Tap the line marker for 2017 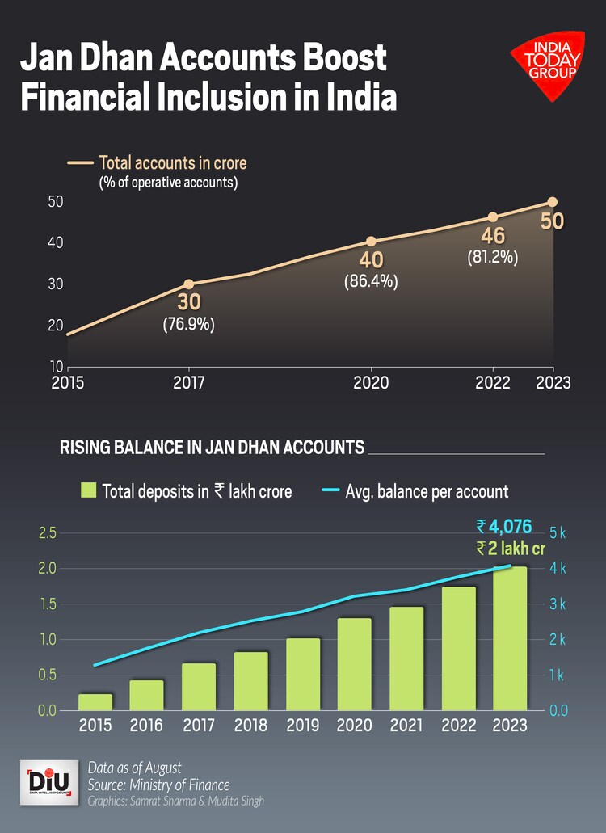coord(188,284)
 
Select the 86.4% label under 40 coord(371,282)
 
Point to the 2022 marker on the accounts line coord(492,217)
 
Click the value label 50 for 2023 coord(552,220)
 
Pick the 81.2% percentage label coord(492,258)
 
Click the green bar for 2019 coord(303,674)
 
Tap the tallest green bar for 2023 coord(511,638)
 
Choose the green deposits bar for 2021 coord(406,658)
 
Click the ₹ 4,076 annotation coord(503,527)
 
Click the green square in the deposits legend coord(88,490)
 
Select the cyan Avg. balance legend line coord(330,490)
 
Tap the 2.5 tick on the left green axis coord(47,532)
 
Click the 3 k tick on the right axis coord(558,604)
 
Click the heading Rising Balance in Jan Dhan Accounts coord(212,447)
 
